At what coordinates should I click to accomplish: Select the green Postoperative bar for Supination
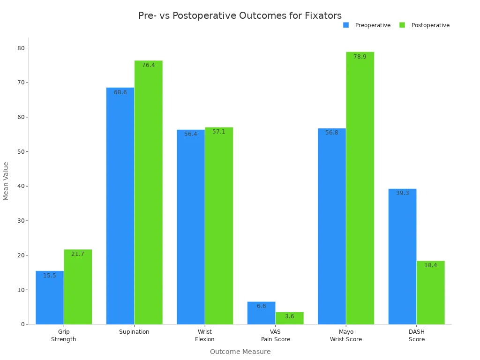pyautogui.click(x=148, y=192)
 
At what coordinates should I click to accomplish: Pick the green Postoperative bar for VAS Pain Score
pyautogui.click(x=290, y=318)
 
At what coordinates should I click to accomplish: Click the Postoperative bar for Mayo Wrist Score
pyautogui.click(x=360, y=187)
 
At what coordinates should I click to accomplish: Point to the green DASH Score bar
pyautogui.click(x=430, y=292)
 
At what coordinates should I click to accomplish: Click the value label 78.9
pyautogui.click(x=360, y=57)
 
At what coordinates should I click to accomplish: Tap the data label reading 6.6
pyautogui.click(x=261, y=306)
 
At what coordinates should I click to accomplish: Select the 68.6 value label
pyautogui.click(x=120, y=92)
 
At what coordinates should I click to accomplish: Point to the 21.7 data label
pyautogui.click(x=78, y=254)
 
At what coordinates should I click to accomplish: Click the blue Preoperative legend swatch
pyautogui.click(x=346, y=25)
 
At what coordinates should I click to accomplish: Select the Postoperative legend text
pyautogui.click(x=430, y=25)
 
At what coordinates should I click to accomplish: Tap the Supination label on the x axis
pyautogui.click(x=134, y=332)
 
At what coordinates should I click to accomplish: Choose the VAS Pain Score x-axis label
pyautogui.click(x=276, y=336)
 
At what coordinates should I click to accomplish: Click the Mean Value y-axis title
pyautogui.click(x=6, y=181)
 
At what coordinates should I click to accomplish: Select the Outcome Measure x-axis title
pyautogui.click(x=240, y=352)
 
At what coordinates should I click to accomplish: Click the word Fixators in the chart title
pyautogui.click(x=323, y=15)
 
